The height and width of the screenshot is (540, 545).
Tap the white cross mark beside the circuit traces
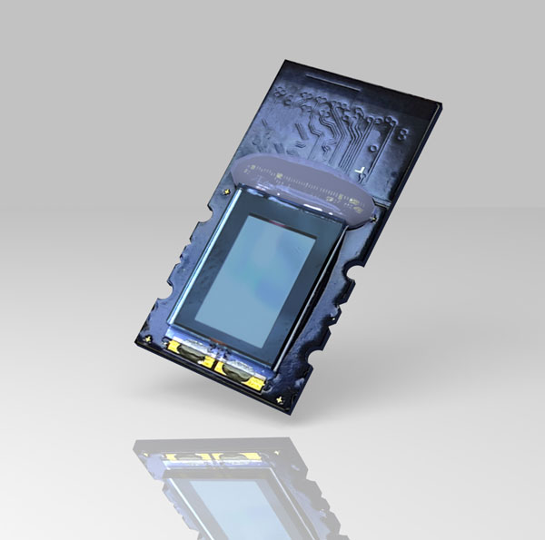362,171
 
